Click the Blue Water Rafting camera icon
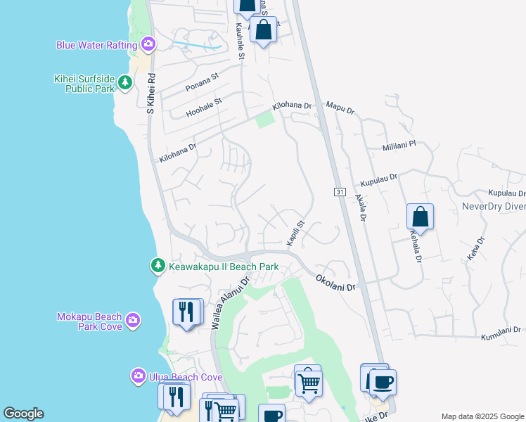point(148,45)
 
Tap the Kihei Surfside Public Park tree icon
point(124,83)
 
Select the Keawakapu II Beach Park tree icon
point(158,267)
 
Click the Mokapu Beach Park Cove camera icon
point(133,322)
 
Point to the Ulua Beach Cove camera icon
point(138,376)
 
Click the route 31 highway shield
point(339,192)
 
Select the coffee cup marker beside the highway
point(383,383)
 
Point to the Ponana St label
point(203,82)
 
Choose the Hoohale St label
point(204,107)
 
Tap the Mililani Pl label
point(399,145)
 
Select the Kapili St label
point(295,232)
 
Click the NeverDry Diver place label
point(493,206)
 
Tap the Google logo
point(23,414)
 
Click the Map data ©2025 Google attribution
point(481,416)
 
